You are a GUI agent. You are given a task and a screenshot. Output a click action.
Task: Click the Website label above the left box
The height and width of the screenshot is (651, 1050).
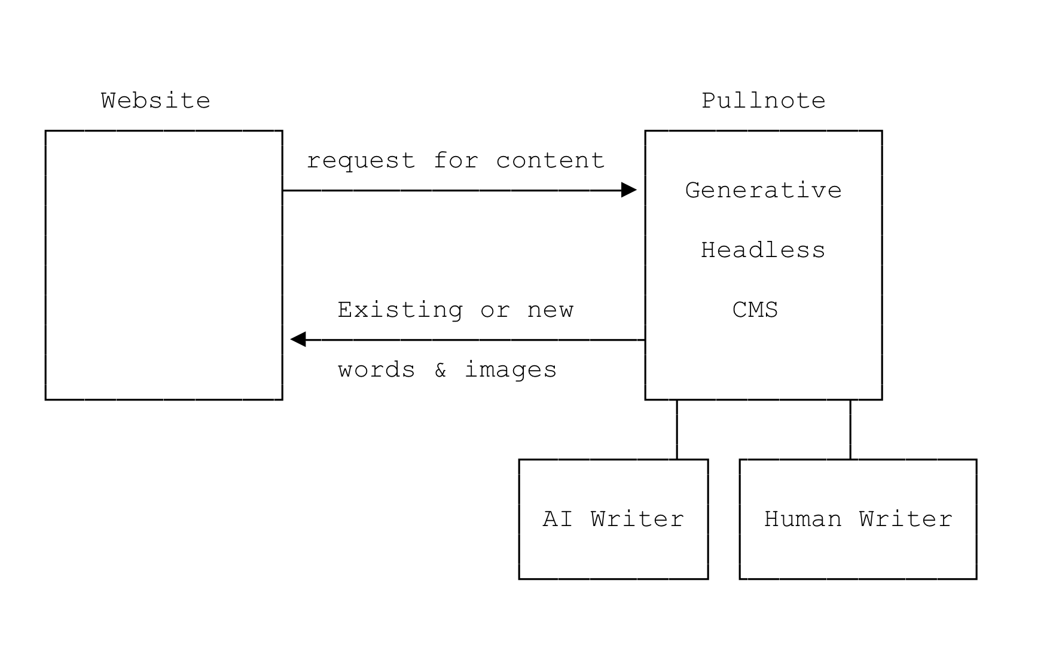click(155, 100)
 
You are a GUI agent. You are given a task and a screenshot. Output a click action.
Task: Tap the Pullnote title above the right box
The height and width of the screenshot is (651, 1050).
click(763, 100)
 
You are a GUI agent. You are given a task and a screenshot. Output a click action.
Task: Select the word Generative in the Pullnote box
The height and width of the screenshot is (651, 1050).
click(763, 190)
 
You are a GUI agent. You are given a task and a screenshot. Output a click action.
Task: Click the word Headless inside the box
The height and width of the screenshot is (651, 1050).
click(763, 250)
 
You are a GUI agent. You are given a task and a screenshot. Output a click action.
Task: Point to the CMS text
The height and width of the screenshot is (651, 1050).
click(755, 310)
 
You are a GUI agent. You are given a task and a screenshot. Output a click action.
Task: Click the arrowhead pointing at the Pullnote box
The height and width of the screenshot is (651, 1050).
click(629, 190)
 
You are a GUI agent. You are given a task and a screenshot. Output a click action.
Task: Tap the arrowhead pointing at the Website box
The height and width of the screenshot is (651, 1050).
click(298, 340)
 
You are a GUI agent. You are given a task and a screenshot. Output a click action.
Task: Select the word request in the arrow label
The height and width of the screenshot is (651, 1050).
click(361, 161)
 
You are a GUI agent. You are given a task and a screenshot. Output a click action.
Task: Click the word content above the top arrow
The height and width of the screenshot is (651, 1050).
click(550, 160)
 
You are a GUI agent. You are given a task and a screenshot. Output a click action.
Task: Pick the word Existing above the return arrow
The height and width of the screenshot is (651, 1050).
click(400, 310)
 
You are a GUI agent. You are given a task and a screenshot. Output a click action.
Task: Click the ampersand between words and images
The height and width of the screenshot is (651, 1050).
click(440, 370)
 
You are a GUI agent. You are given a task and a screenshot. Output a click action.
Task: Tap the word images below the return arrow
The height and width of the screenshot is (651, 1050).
click(511, 370)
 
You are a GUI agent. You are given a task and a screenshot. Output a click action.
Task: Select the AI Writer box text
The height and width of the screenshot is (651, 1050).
click(613, 519)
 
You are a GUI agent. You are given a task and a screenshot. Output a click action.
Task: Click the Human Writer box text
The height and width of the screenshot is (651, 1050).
click(858, 519)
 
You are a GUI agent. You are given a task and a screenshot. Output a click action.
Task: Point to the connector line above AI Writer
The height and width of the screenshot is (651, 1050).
click(677, 429)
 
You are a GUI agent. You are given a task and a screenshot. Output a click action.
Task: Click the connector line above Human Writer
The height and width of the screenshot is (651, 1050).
click(850, 429)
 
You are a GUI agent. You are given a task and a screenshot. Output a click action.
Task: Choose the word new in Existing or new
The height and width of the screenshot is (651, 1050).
click(550, 310)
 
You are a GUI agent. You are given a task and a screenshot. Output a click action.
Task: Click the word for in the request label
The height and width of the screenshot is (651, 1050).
click(456, 160)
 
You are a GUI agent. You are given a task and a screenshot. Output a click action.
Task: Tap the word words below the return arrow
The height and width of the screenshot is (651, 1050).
click(377, 370)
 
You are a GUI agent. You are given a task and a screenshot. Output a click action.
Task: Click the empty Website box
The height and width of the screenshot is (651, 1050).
click(164, 265)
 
